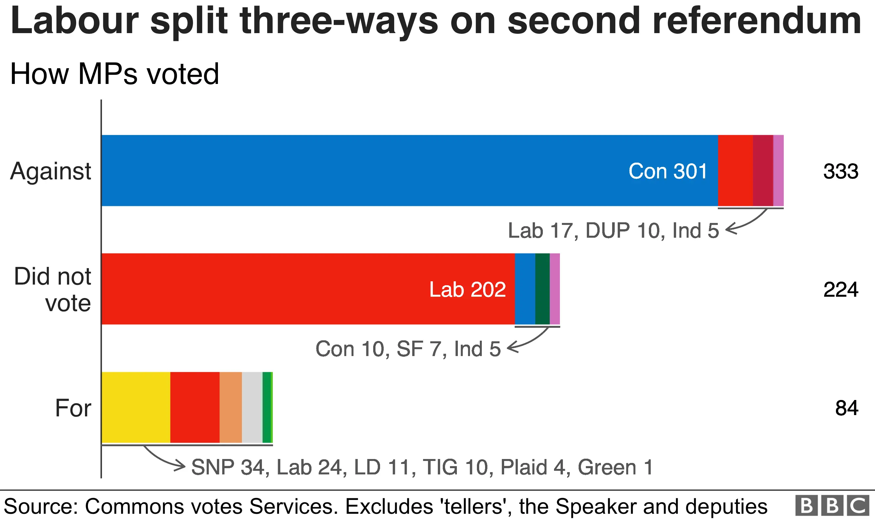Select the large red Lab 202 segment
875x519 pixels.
[x=308, y=289]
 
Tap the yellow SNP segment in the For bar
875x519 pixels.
[x=136, y=408]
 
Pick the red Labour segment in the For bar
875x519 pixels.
[x=195, y=408]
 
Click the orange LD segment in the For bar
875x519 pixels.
[x=231, y=408]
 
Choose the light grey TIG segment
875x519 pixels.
[x=252, y=408]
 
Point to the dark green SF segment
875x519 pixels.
[x=543, y=289]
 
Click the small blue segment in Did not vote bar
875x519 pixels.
[x=525, y=289]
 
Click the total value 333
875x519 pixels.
[x=841, y=171]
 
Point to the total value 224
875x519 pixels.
[x=841, y=289]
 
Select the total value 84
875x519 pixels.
[x=847, y=408]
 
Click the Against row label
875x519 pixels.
[x=51, y=171]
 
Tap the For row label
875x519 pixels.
[x=73, y=408]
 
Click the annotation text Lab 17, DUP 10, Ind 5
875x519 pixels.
[x=613, y=231]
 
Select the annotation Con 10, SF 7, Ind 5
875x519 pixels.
[x=408, y=349]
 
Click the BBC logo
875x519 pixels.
[x=832, y=506]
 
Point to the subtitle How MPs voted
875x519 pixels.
[x=115, y=74]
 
